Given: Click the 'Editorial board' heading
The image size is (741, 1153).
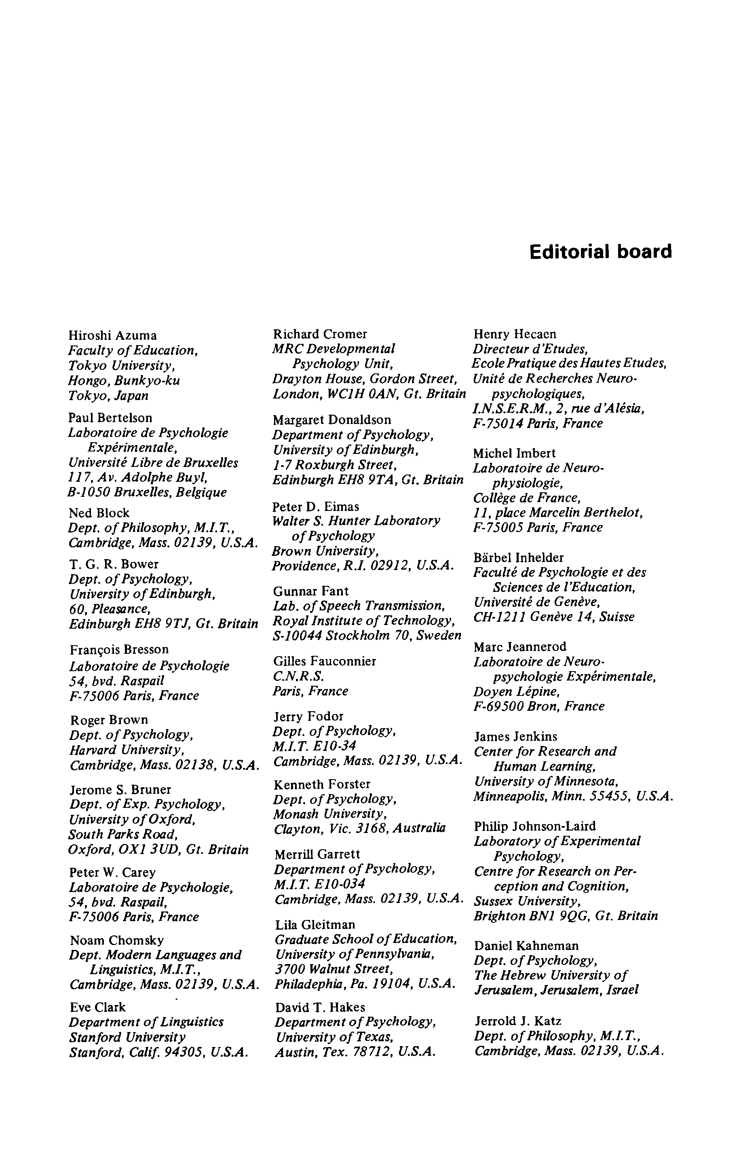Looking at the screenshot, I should pyautogui.click(x=600, y=252).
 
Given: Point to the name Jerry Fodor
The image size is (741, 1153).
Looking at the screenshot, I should pyautogui.click(x=308, y=716).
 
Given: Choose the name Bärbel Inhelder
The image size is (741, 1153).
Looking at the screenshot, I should pyautogui.click(x=518, y=557).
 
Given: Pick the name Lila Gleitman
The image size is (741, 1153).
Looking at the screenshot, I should pyautogui.click(x=315, y=924).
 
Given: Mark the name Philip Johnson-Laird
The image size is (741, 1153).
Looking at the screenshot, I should pyautogui.click(x=534, y=826).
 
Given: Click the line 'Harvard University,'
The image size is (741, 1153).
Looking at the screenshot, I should pyautogui.click(x=127, y=750).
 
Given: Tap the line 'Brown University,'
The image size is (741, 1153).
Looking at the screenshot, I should pyautogui.click(x=325, y=551).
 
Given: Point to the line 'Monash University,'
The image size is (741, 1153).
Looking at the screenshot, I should pyautogui.click(x=331, y=814).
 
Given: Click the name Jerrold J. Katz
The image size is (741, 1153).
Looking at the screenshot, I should pyautogui.click(x=518, y=1021).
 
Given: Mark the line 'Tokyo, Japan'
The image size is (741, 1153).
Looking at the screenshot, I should pyautogui.click(x=108, y=396).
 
